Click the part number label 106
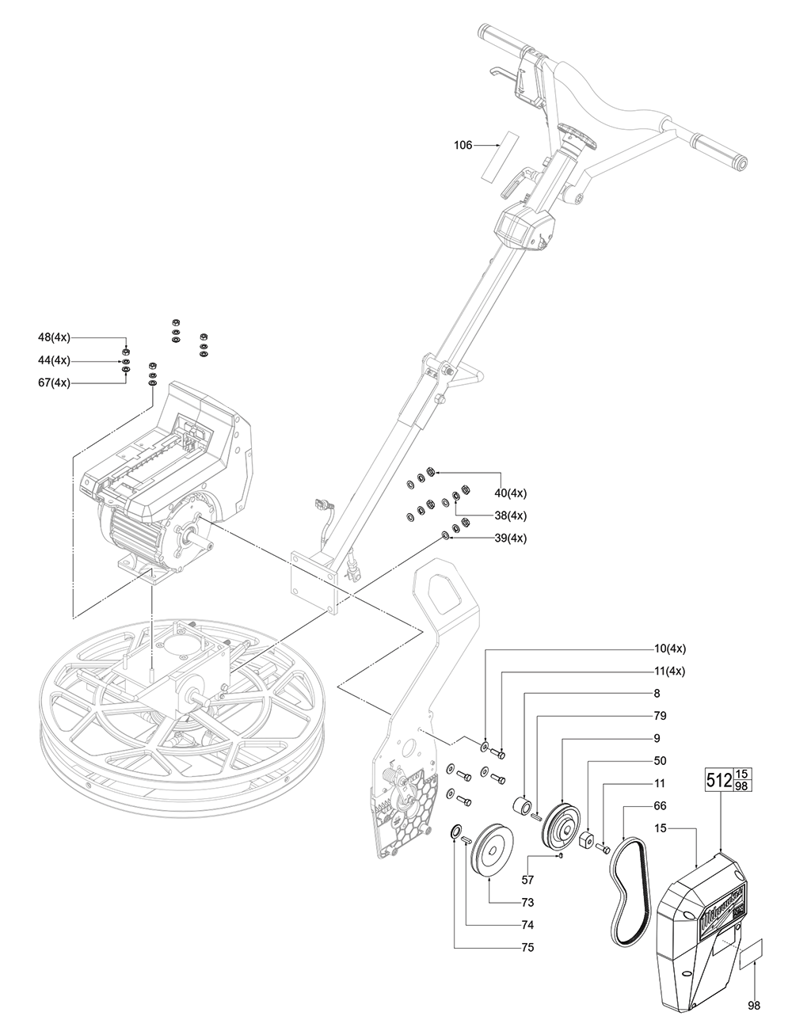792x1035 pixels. point(463,145)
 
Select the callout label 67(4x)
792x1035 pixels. point(54,383)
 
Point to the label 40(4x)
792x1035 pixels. point(511,493)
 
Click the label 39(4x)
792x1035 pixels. point(511,538)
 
